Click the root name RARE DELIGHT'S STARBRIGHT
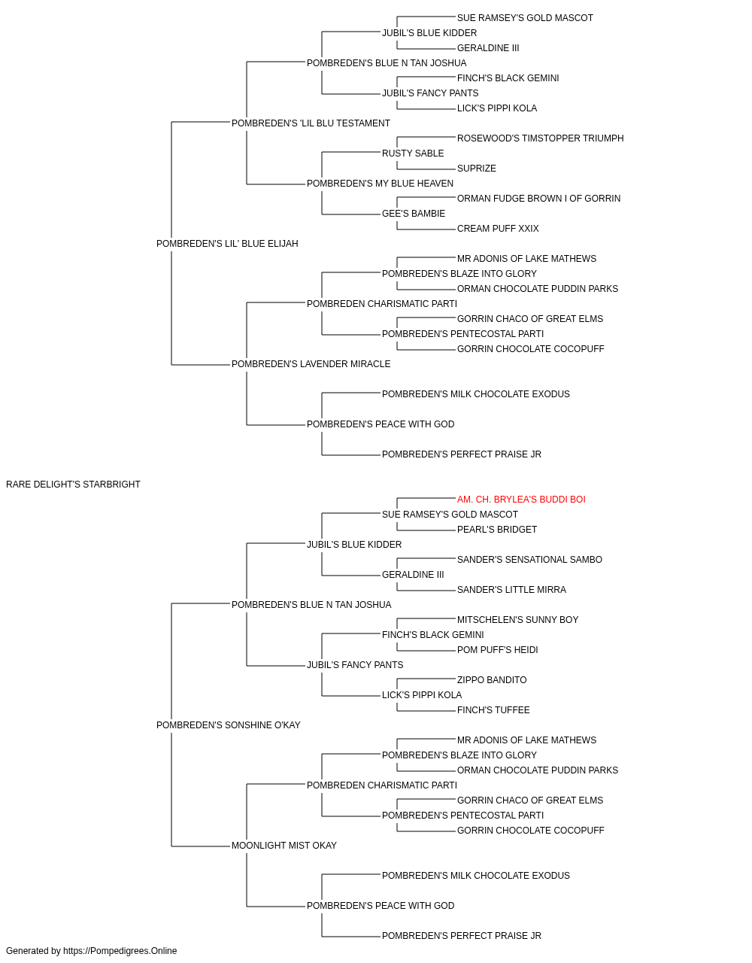pyautogui.click(x=73, y=485)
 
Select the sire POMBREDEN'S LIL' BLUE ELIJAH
pyautogui.click(x=227, y=244)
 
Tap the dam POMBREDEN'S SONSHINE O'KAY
pyautogui.click(x=229, y=725)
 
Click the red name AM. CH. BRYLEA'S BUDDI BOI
pyautogui.click(x=521, y=500)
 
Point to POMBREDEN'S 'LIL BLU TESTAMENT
pyautogui.click(x=311, y=123)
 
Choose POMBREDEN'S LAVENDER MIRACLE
pyautogui.click(x=311, y=364)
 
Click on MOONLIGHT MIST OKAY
pyautogui.click(x=284, y=846)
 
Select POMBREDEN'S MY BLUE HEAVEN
pyautogui.click(x=380, y=184)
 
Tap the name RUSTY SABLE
pyautogui.click(x=413, y=153)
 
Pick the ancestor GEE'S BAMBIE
pyautogui.click(x=414, y=214)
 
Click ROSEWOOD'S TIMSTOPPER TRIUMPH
pyautogui.click(x=540, y=138)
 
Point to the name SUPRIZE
pyautogui.click(x=477, y=169)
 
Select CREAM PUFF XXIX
pyautogui.click(x=498, y=229)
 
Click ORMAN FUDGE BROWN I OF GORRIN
pyautogui.click(x=538, y=199)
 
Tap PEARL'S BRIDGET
pyautogui.click(x=497, y=530)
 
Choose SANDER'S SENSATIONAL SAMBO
pyautogui.click(x=529, y=560)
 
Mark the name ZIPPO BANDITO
pyautogui.click(x=492, y=680)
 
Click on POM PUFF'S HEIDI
pyautogui.click(x=497, y=650)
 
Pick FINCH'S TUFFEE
pyautogui.click(x=493, y=710)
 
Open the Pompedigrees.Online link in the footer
pyautogui.click(x=120, y=951)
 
